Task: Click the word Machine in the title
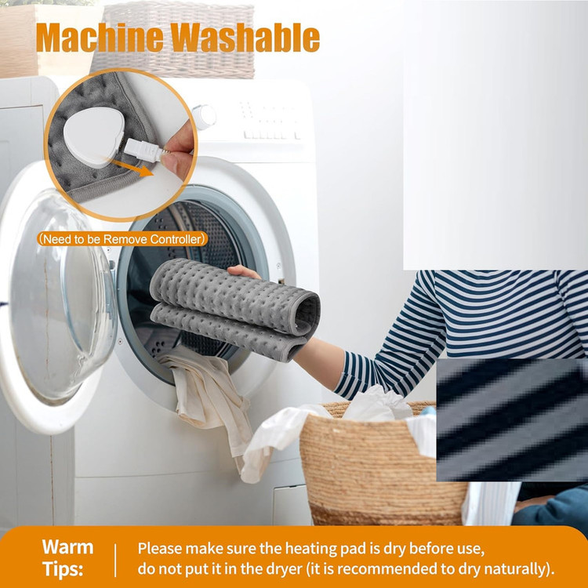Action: point(100,38)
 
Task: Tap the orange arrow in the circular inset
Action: point(132,168)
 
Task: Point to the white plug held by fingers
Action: point(142,149)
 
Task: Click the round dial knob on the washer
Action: point(204,117)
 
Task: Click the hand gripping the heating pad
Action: point(243,272)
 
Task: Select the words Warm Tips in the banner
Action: point(67,558)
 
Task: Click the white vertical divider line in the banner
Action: point(115,561)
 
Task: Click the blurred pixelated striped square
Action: point(512,420)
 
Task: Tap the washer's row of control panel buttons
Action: point(272,135)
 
